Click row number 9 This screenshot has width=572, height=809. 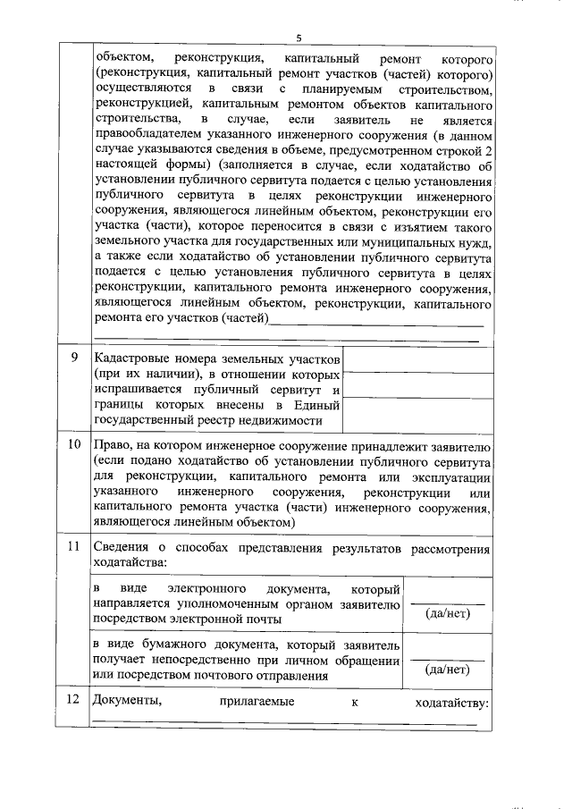click(x=74, y=358)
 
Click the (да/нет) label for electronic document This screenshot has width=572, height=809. click(x=447, y=612)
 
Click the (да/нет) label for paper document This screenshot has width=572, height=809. click(x=447, y=668)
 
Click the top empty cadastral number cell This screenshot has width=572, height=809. click(x=417, y=359)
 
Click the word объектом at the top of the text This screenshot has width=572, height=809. click(x=123, y=58)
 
